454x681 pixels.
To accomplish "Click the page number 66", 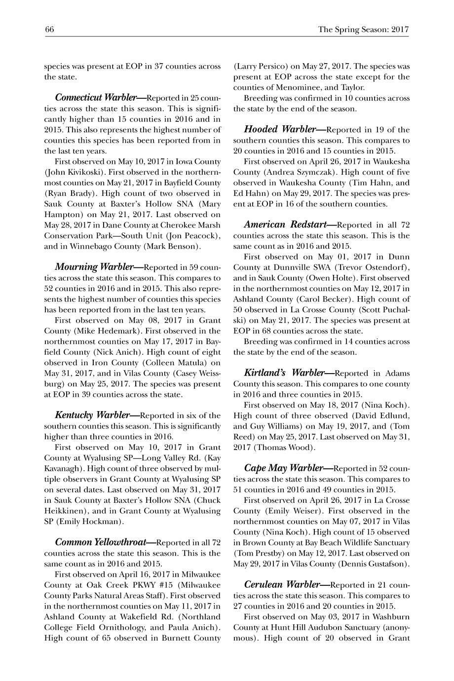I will tap(49, 30).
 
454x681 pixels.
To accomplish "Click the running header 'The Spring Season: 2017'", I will tap(364, 30).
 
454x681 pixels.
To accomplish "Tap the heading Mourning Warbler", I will tap(94, 267).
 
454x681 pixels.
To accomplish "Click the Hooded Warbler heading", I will tap(279, 130).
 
